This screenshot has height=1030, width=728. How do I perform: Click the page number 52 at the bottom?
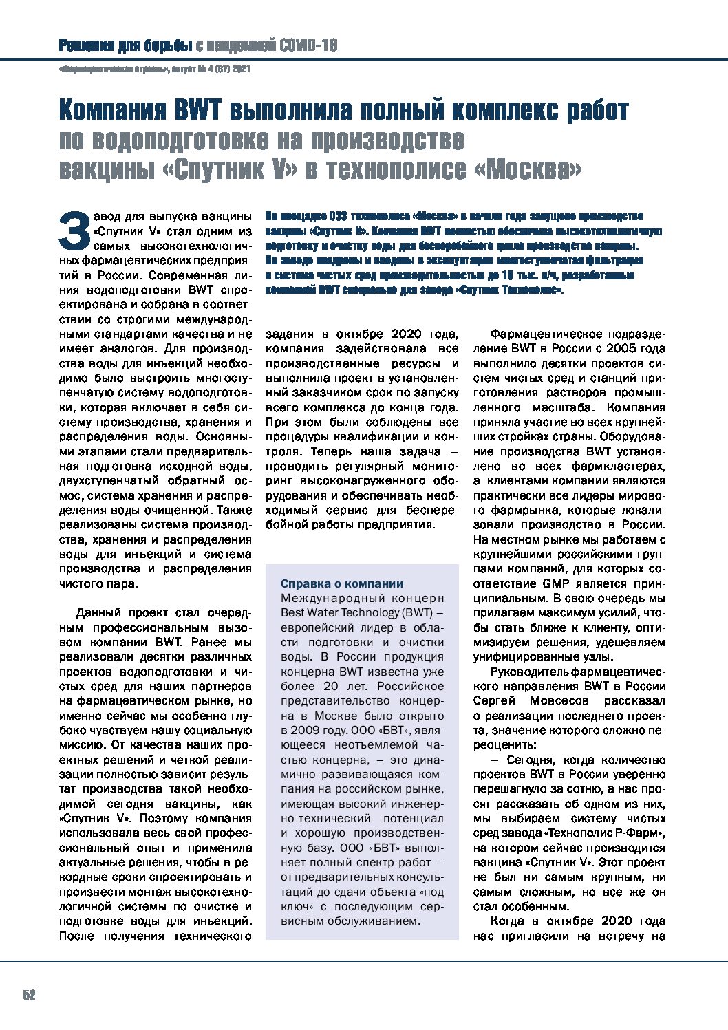pyautogui.click(x=30, y=995)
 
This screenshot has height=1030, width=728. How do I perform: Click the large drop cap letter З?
pyautogui.click(x=74, y=231)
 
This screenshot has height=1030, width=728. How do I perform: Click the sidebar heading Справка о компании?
pyautogui.click(x=341, y=583)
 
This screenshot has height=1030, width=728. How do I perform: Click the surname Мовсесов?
pyautogui.click(x=559, y=700)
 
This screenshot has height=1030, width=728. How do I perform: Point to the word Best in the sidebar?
pyautogui.click(x=293, y=612)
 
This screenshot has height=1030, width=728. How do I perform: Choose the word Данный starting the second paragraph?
pyautogui.click(x=100, y=612)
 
